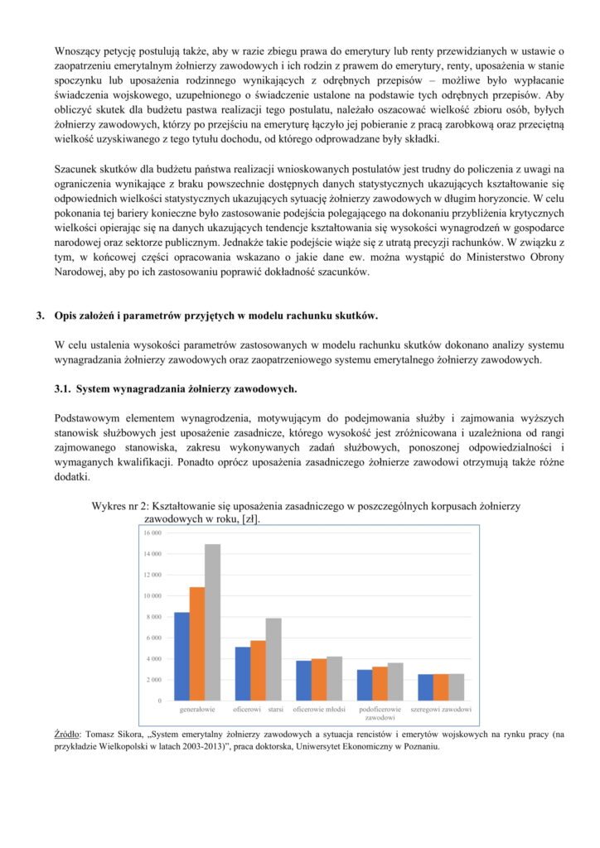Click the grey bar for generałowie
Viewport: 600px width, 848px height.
point(213,622)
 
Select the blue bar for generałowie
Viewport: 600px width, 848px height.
point(181,656)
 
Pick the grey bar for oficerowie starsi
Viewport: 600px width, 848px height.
point(273,659)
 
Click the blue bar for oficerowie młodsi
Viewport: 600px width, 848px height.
point(304,680)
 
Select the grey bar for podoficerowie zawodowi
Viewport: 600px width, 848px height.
point(395,682)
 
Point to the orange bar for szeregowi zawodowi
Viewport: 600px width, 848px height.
point(441,687)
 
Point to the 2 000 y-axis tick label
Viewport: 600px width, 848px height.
point(153,680)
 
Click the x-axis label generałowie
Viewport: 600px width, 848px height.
point(198,710)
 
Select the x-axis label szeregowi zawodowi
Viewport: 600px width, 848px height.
point(441,710)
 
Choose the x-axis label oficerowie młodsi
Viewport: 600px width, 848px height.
point(319,710)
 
